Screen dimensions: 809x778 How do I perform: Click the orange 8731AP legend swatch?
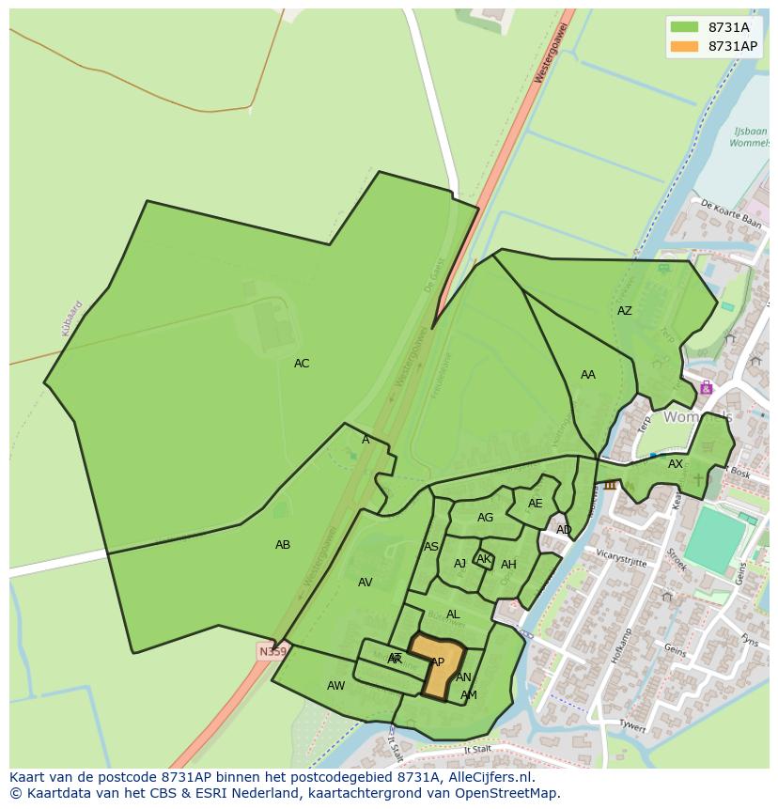point(685,46)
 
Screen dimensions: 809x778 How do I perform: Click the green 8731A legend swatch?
point(685,27)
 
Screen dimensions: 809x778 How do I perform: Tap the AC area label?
point(302,364)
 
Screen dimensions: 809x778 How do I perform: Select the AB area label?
point(283,545)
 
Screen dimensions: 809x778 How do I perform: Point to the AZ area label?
point(625,311)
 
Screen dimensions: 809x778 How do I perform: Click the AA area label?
point(588,375)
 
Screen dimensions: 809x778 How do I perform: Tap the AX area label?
point(676,464)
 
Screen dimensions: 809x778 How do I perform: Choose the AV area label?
point(366,583)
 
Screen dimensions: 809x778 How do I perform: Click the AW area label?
point(336,686)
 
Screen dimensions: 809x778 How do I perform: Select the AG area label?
point(485,518)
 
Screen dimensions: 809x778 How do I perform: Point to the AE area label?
point(535,504)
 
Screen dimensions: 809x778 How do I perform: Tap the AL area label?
point(453,615)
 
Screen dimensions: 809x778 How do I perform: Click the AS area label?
point(431,547)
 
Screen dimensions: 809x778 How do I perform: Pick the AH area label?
point(508,565)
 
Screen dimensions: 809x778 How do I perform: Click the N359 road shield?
point(272,651)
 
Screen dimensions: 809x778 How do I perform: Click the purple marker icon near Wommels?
point(706,388)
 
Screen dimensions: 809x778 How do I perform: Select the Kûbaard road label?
point(72,318)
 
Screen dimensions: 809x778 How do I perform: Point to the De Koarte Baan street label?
point(730,214)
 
